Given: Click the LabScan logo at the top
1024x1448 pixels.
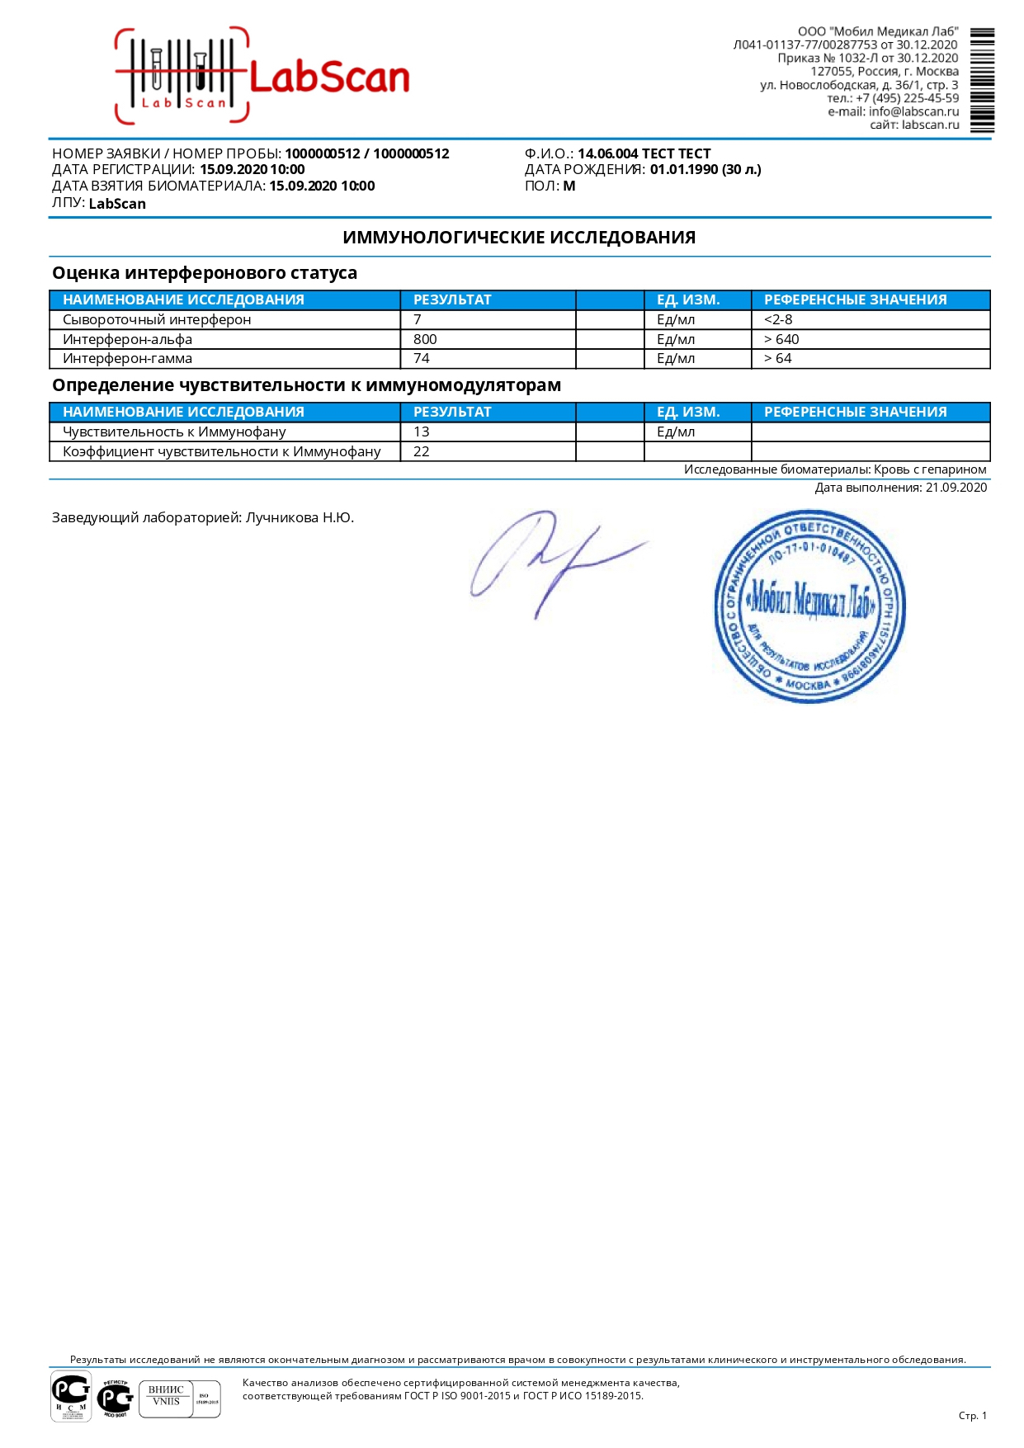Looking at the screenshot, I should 262,77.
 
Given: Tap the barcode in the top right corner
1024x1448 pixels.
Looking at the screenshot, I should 982,80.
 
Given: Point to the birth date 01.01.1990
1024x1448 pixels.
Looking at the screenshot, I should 684,169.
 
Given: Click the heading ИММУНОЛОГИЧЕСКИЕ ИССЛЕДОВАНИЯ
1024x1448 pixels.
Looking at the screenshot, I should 519,238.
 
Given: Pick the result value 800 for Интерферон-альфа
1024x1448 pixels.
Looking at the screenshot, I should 425,339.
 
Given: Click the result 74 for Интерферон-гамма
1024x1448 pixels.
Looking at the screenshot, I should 422,358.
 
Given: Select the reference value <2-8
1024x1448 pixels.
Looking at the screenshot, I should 778,319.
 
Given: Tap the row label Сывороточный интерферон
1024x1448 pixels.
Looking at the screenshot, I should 157,319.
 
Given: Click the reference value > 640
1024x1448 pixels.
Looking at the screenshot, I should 781,339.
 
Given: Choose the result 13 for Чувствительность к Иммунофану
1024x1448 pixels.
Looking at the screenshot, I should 422,432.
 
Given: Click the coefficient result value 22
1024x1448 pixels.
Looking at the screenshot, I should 422,451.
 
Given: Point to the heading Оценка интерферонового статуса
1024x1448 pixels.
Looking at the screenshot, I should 205,273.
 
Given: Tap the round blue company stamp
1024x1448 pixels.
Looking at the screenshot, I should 809,606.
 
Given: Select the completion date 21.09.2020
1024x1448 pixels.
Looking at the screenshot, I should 956,488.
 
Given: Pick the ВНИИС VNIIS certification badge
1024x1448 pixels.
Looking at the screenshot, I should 179,1398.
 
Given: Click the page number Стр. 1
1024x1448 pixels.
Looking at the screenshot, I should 972,1416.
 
